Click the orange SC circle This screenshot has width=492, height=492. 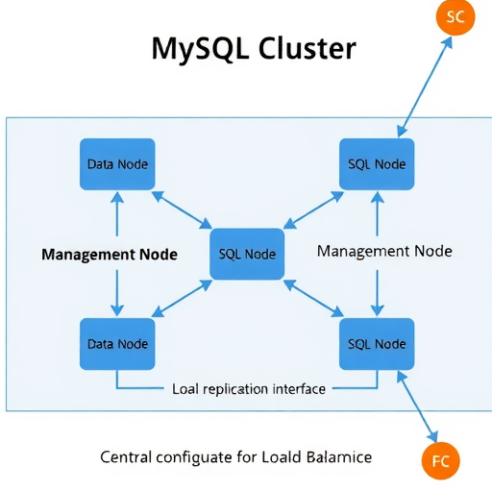(455, 17)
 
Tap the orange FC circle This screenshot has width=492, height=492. (441, 459)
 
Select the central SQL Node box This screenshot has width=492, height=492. (247, 255)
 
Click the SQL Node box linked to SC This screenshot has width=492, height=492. (377, 164)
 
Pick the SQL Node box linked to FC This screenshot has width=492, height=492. (377, 344)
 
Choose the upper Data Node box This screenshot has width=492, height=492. (118, 164)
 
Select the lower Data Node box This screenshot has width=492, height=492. (118, 344)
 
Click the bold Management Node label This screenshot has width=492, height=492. (110, 255)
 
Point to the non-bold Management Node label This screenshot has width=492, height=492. (384, 251)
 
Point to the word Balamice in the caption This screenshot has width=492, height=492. (335, 456)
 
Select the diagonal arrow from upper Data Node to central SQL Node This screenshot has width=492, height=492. (183, 209)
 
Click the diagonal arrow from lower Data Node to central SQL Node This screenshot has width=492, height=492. (183, 299)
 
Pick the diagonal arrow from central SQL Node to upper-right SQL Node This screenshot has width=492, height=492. (312, 209)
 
